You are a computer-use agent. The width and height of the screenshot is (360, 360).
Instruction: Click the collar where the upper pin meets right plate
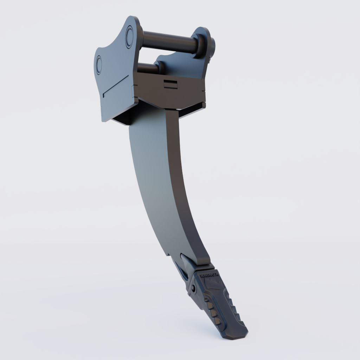pos(200,45)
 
